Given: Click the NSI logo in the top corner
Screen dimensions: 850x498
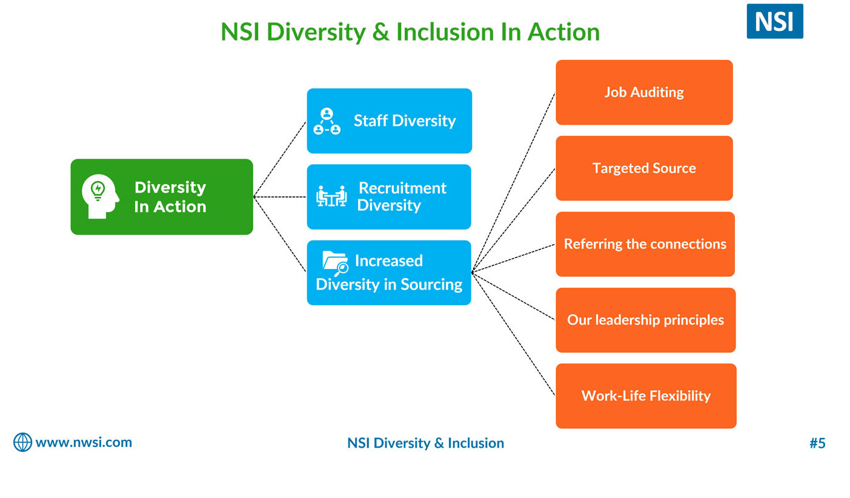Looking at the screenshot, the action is click(x=774, y=21).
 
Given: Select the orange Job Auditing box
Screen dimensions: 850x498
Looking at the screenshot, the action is click(x=644, y=92).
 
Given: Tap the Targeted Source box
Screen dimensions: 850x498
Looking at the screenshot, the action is click(x=644, y=168).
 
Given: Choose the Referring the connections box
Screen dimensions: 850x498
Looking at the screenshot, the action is click(x=645, y=244).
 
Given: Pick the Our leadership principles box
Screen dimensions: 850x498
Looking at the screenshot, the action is click(x=645, y=320).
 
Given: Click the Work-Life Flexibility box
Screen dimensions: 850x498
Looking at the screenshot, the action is click(x=646, y=396).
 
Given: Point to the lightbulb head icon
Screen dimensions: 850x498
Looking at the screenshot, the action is click(x=100, y=196).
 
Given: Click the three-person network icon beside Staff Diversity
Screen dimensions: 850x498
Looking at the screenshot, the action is click(x=327, y=121).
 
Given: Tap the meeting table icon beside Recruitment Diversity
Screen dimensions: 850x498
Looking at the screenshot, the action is click(x=331, y=196).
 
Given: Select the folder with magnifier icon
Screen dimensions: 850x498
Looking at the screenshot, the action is click(x=335, y=263).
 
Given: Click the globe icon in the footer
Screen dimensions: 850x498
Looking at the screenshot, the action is click(x=23, y=442).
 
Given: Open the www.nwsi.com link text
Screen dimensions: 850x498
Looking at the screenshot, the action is click(x=84, y=443).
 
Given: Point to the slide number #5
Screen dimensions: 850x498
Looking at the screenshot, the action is click(x=817, y=443).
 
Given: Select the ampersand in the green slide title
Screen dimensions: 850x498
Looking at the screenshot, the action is click(x=380, y=32).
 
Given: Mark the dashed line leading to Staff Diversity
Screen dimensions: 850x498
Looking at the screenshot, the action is click(x=280, y=159).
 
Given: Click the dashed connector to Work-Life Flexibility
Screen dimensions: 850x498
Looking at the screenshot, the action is click(x=513, y=334).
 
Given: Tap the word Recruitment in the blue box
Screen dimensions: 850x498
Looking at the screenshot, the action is click(x=402, y=188).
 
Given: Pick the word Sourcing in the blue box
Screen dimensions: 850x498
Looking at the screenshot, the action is click(x=431, y=284).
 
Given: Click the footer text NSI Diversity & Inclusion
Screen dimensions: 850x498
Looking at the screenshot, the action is click(x=425, y=443).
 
